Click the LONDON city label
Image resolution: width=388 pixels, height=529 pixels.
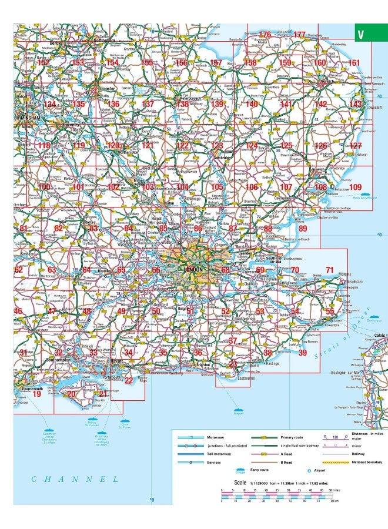tap(193, 269)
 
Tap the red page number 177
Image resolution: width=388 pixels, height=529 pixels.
tap(300, 35)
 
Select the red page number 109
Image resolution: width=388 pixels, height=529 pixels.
tap(356, 187)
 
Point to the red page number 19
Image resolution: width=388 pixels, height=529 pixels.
tap(36, 394)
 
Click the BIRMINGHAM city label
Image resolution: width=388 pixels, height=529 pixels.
tap(27, 118)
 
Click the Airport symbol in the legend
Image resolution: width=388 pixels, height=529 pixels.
tap(309, 470)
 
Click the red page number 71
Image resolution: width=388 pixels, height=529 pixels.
tap(330, 270)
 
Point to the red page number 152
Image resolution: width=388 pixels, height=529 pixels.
tap(44, 62)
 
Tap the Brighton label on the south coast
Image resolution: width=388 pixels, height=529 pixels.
tap(203, 365)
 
